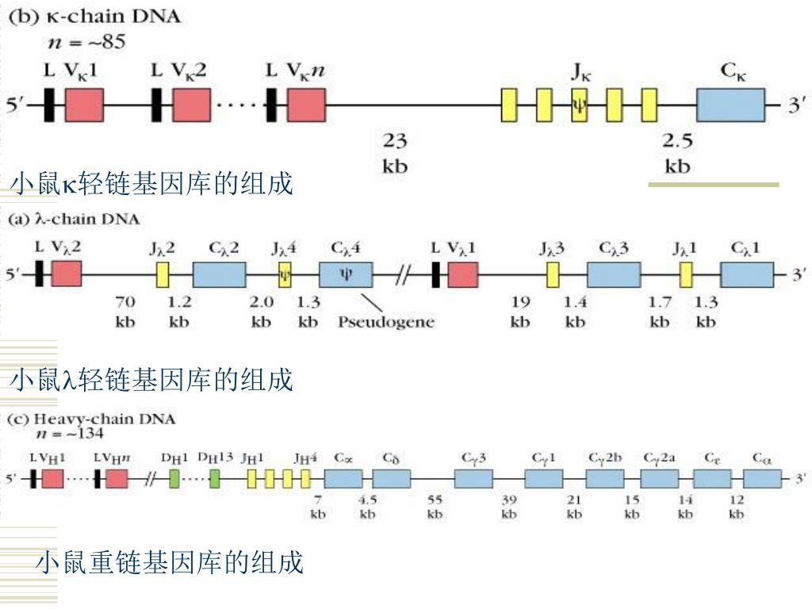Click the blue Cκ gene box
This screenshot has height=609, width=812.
[x=731, y=105]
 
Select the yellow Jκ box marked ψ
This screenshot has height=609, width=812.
[x=580, y=105]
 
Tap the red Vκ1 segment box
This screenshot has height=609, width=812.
[x=84, y=105]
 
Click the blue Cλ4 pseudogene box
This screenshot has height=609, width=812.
[x=346, y=274]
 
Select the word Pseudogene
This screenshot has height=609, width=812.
[x=386, y=322]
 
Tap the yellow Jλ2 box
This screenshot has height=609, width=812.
[x=163, y=274]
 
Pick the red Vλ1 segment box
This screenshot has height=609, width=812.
[x=463, y=274]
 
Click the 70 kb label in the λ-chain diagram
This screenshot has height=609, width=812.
[x=126, y=312]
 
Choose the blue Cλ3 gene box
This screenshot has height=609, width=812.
[x=614, y=274]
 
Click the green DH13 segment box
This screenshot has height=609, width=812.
[x=215, y=478]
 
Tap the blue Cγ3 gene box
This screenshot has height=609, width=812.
[x=473, y=478]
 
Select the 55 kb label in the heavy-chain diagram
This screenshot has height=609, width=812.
[x=435, y=507]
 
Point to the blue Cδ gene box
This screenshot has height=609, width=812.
[x=392, y=478]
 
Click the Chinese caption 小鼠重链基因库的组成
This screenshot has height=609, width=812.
[x=170, y=563]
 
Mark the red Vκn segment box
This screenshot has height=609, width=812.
[x=307, y=105]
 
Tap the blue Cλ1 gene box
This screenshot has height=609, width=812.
[x=747, y=274]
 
